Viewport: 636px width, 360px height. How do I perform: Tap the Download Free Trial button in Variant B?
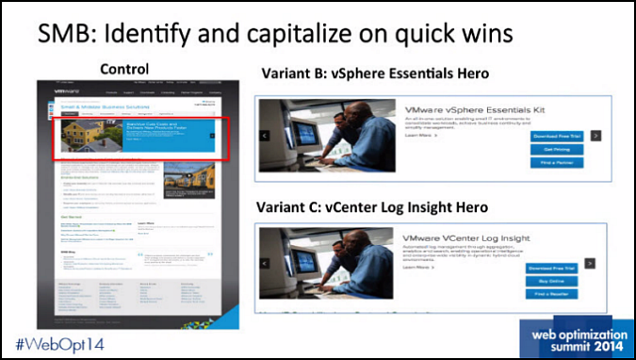pyautogui.click(x=555, y=135)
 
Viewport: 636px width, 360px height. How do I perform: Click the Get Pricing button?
pyautogui.click(x=555, y=149)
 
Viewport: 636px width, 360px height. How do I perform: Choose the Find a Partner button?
pyautogui.click(x=555, y=163)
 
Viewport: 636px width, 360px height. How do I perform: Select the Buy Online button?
pyautogui.click(x=555, y=279)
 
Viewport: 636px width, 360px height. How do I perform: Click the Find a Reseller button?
pyautogui.click(x=555, y=294)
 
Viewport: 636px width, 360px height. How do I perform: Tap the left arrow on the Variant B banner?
pyautogui.click(x=266, y=135)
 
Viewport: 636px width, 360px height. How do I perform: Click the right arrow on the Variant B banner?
pyautogui.click(x=596, y=135)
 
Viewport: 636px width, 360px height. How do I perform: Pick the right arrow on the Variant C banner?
pyautogui.click(x=590, y=263)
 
